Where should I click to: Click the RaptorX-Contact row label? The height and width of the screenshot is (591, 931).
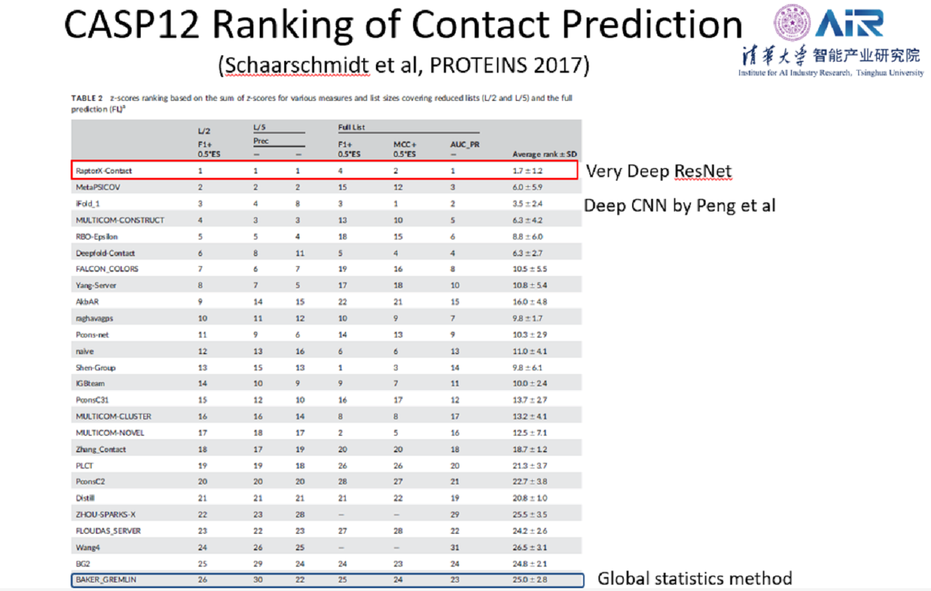pyautogui.click(x=104, y=170)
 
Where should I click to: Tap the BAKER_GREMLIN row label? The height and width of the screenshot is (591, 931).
pyautogui.click(x=106, y=580)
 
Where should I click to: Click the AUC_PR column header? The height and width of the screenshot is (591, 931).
pyautogui.click(x=465, y=145)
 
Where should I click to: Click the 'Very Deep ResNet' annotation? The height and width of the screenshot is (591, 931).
pyautogui.click(x=659, y=171)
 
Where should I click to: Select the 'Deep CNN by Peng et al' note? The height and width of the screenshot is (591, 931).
pyautogui.click(x=680, y=205)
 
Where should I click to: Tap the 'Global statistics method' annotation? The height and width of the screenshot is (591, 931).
pyautogui.click(x=694, y=578)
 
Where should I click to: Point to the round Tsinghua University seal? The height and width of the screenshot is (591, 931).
pyautogui.click(x=792, y=23)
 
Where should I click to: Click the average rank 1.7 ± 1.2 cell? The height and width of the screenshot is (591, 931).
pyautogui.click(x=527, y=170)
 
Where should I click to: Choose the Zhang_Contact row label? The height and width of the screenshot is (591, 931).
pyautogui.click(x=101, y=449)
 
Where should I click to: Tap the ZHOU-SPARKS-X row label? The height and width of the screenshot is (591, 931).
pyautogui.click(x=106, y=514)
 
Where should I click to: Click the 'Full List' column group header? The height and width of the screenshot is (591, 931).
pyautogui.click(x=352, y=127)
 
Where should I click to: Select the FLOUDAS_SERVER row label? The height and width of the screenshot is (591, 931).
pyautogui.click(x=108, y=531)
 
